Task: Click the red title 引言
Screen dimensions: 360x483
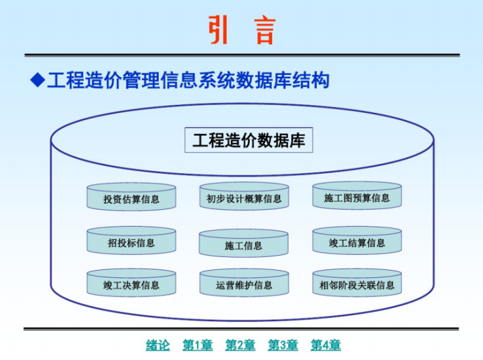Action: tap(241, 30)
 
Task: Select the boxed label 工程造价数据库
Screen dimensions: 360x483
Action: tap(248, 140)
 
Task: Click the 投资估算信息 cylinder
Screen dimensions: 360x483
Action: tap(132, 197)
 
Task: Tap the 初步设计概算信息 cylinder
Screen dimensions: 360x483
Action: tap(244, 197)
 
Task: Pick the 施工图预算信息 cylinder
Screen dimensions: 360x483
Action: tap(357, 197)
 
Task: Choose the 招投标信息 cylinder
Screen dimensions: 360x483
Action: tap(132, 241)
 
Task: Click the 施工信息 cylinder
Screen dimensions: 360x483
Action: tap(244, 244)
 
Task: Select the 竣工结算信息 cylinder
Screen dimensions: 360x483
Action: tap(357, 241)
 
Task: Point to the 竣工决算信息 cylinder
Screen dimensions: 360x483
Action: tap(132, 284)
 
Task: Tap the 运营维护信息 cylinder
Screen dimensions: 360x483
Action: tap(244, 284)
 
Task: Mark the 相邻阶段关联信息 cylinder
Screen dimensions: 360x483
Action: tap(357, 284)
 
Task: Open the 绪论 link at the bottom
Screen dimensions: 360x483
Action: tap(158, 345)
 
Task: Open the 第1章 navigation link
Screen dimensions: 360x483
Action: tap(198, 345)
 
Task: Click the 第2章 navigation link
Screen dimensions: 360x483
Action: tap(240, 345)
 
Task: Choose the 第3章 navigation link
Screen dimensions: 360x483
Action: tap(283, 345)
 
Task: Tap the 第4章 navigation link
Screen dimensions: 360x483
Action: tap(325, 345)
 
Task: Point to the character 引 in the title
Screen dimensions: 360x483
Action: tap(219, 30)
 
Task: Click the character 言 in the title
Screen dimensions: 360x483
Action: tap(264, 30)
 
